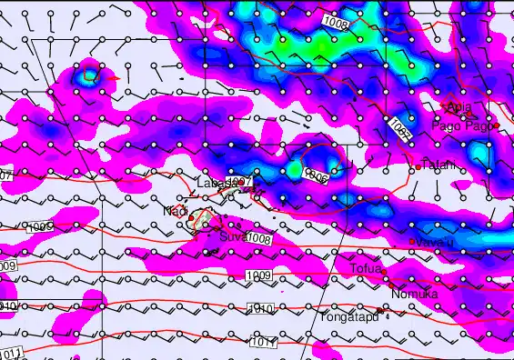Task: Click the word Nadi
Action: tap(175, 212)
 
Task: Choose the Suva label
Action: tap(232, 237)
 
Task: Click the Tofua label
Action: tap(366, 268)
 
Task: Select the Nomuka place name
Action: tap(414, 294)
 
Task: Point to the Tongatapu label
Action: tap(348, 317)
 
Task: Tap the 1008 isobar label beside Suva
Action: tap(260, 238)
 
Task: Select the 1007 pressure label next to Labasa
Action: tap(237, 183)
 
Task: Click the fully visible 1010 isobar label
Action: tap(261, 309)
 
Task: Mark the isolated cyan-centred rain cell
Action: tap(88, 75)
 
